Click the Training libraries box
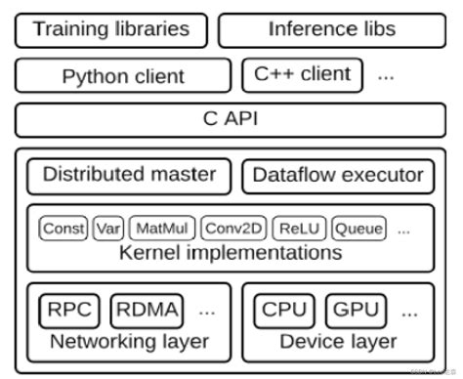[110, 29]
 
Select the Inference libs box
[331, 29]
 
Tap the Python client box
[122, 75]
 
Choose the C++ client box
[302, 74]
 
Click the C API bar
[231, 119]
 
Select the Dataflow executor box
[338, 176]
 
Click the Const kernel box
[63, 230]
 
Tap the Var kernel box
[108, 230]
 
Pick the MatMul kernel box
[162, 230]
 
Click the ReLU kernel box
[298, 230]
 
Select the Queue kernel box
[358, 230]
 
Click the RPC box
[69, 312]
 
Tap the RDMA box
[145, 312]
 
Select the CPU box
[284, 312]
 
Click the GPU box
[358, 312]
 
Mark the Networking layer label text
[129, 341]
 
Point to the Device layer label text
[338, 341]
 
